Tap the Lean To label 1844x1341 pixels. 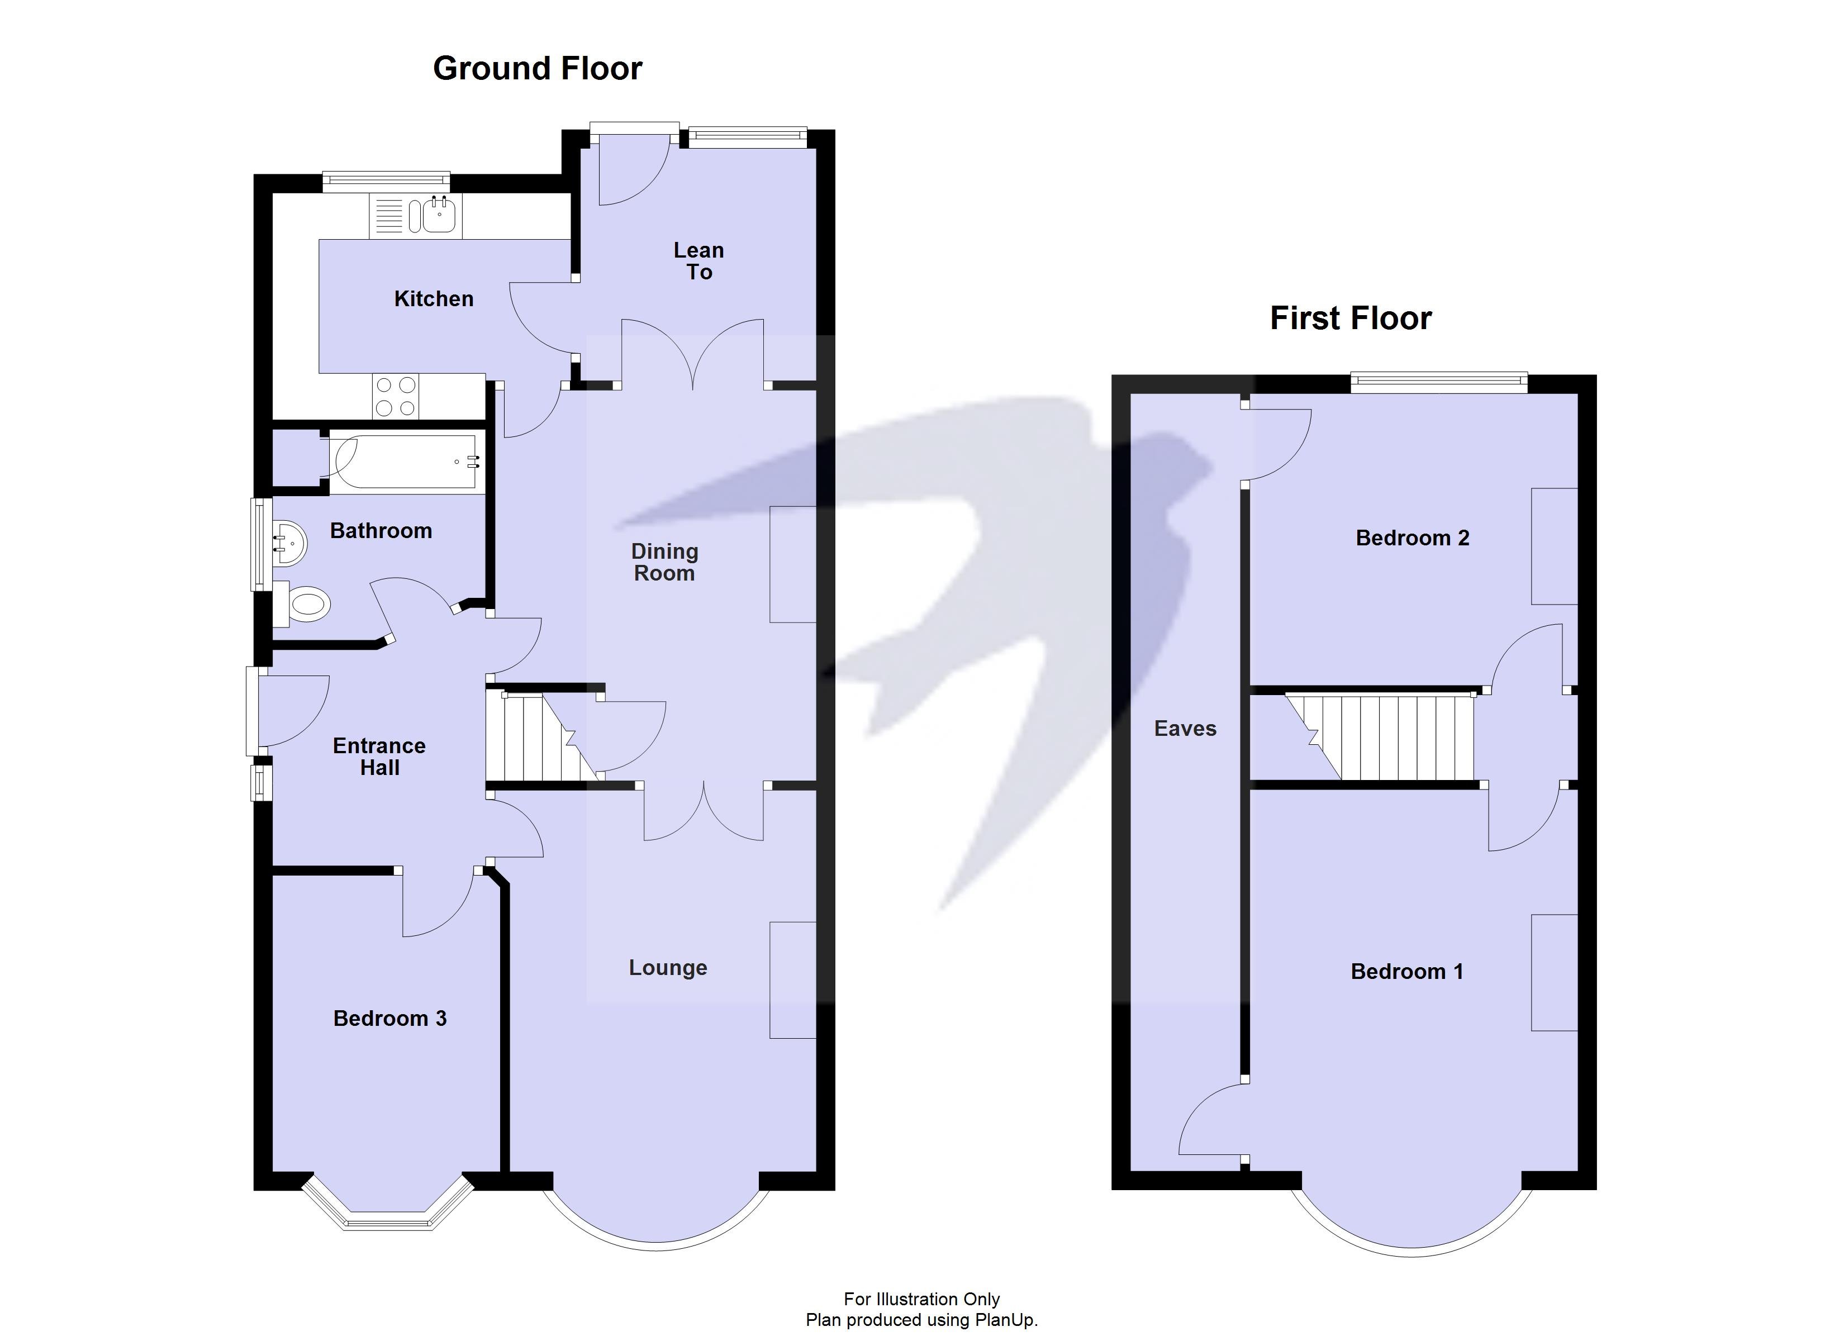click(x=698, y=261)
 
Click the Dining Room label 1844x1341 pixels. click(x=664, y=562)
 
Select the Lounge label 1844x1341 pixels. click(x=668, y=968)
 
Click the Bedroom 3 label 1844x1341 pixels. click(x=389, y=1018)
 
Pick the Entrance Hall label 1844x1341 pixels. click(x=379, y=757)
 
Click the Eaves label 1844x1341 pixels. click(x=1185, y=729)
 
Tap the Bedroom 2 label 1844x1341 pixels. click(x=1412, y=538)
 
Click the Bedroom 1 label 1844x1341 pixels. click(x=1406, y=971)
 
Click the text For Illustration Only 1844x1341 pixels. click(x=921, y=1299)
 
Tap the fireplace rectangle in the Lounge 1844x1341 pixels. click(x=792, y=980)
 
